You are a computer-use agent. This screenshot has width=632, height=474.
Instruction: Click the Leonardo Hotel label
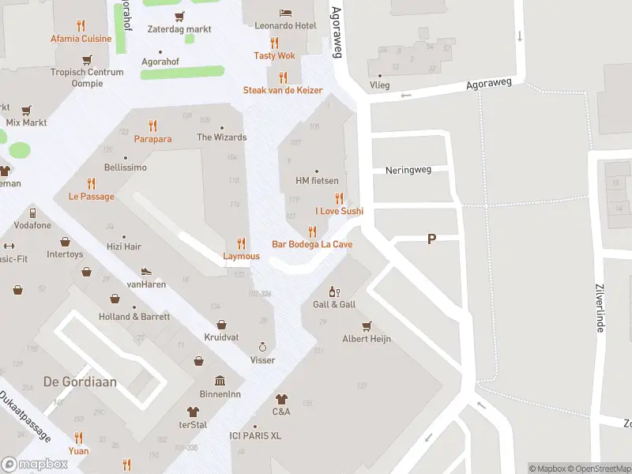click(285, 26)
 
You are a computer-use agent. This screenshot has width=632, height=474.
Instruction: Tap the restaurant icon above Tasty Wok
click(274, 43)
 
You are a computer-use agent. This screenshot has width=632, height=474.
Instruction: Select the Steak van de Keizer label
click(283, 90)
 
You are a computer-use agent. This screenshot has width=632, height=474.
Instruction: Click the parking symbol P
click(431, 239)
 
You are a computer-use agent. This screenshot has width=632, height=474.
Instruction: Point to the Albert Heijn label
click(367, 339)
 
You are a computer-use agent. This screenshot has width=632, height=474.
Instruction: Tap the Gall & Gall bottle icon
click(334, 292)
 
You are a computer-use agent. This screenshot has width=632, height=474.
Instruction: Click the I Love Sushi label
click(339, 211)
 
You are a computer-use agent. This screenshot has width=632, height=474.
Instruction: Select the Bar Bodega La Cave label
click(312, 245)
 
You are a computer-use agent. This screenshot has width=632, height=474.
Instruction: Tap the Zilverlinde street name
click(600, 308)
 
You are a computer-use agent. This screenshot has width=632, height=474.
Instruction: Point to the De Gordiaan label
click(80, 382)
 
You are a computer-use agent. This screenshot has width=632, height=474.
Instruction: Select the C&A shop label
click(281, 412)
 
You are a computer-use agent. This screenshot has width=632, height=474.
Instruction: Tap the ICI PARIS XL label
click(255, 436)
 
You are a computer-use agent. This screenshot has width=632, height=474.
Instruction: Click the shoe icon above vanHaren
click(146, 271)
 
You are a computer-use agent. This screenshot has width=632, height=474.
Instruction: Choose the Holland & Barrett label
click(134, 317)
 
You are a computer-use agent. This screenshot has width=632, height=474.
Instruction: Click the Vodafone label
click(32, 225)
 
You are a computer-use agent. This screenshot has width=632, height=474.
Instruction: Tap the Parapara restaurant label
click(152, 138)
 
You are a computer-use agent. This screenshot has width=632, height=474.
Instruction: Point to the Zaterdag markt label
click(179, 29)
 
